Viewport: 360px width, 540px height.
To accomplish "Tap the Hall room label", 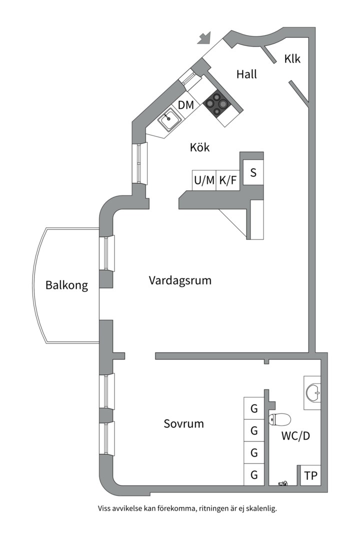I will [246, 74].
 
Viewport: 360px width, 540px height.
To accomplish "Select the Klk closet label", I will [292, 59].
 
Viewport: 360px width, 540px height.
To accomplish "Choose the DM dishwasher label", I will [186, 105].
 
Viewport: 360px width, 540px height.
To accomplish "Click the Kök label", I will [199, 148].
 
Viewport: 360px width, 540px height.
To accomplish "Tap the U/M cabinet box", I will [204, 180].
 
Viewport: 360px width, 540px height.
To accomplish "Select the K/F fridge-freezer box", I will [228, 180].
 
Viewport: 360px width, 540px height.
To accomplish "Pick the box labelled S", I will [253, 173].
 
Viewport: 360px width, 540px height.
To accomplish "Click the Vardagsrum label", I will [180, 280].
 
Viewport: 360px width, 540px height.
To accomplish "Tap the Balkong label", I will [66, 285].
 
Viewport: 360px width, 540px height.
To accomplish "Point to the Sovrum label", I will [184, 424].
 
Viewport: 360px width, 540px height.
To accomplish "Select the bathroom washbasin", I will [313, 392].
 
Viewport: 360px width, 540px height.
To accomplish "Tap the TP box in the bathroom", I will [310, 475].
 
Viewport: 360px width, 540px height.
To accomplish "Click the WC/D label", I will [295, 436].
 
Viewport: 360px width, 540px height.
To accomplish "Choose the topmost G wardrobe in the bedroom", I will [254, 408].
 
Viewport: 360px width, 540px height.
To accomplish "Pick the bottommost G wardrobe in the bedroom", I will [254, 475].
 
